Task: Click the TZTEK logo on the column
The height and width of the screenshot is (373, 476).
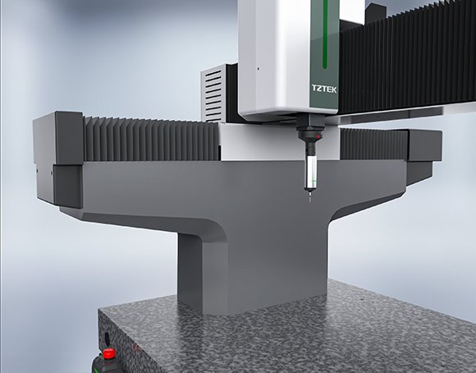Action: point(324,89)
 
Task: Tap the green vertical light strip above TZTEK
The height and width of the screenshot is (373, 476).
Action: point(325,34)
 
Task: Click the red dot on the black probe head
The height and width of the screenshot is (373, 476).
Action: point(318,136)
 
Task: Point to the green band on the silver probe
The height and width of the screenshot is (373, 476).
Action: point(314,182)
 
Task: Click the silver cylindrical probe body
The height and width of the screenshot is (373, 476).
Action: point(311,172)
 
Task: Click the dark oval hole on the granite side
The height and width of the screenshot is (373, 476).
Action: point(108,338)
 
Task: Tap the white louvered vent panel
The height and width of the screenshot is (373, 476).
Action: point(213,94)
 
